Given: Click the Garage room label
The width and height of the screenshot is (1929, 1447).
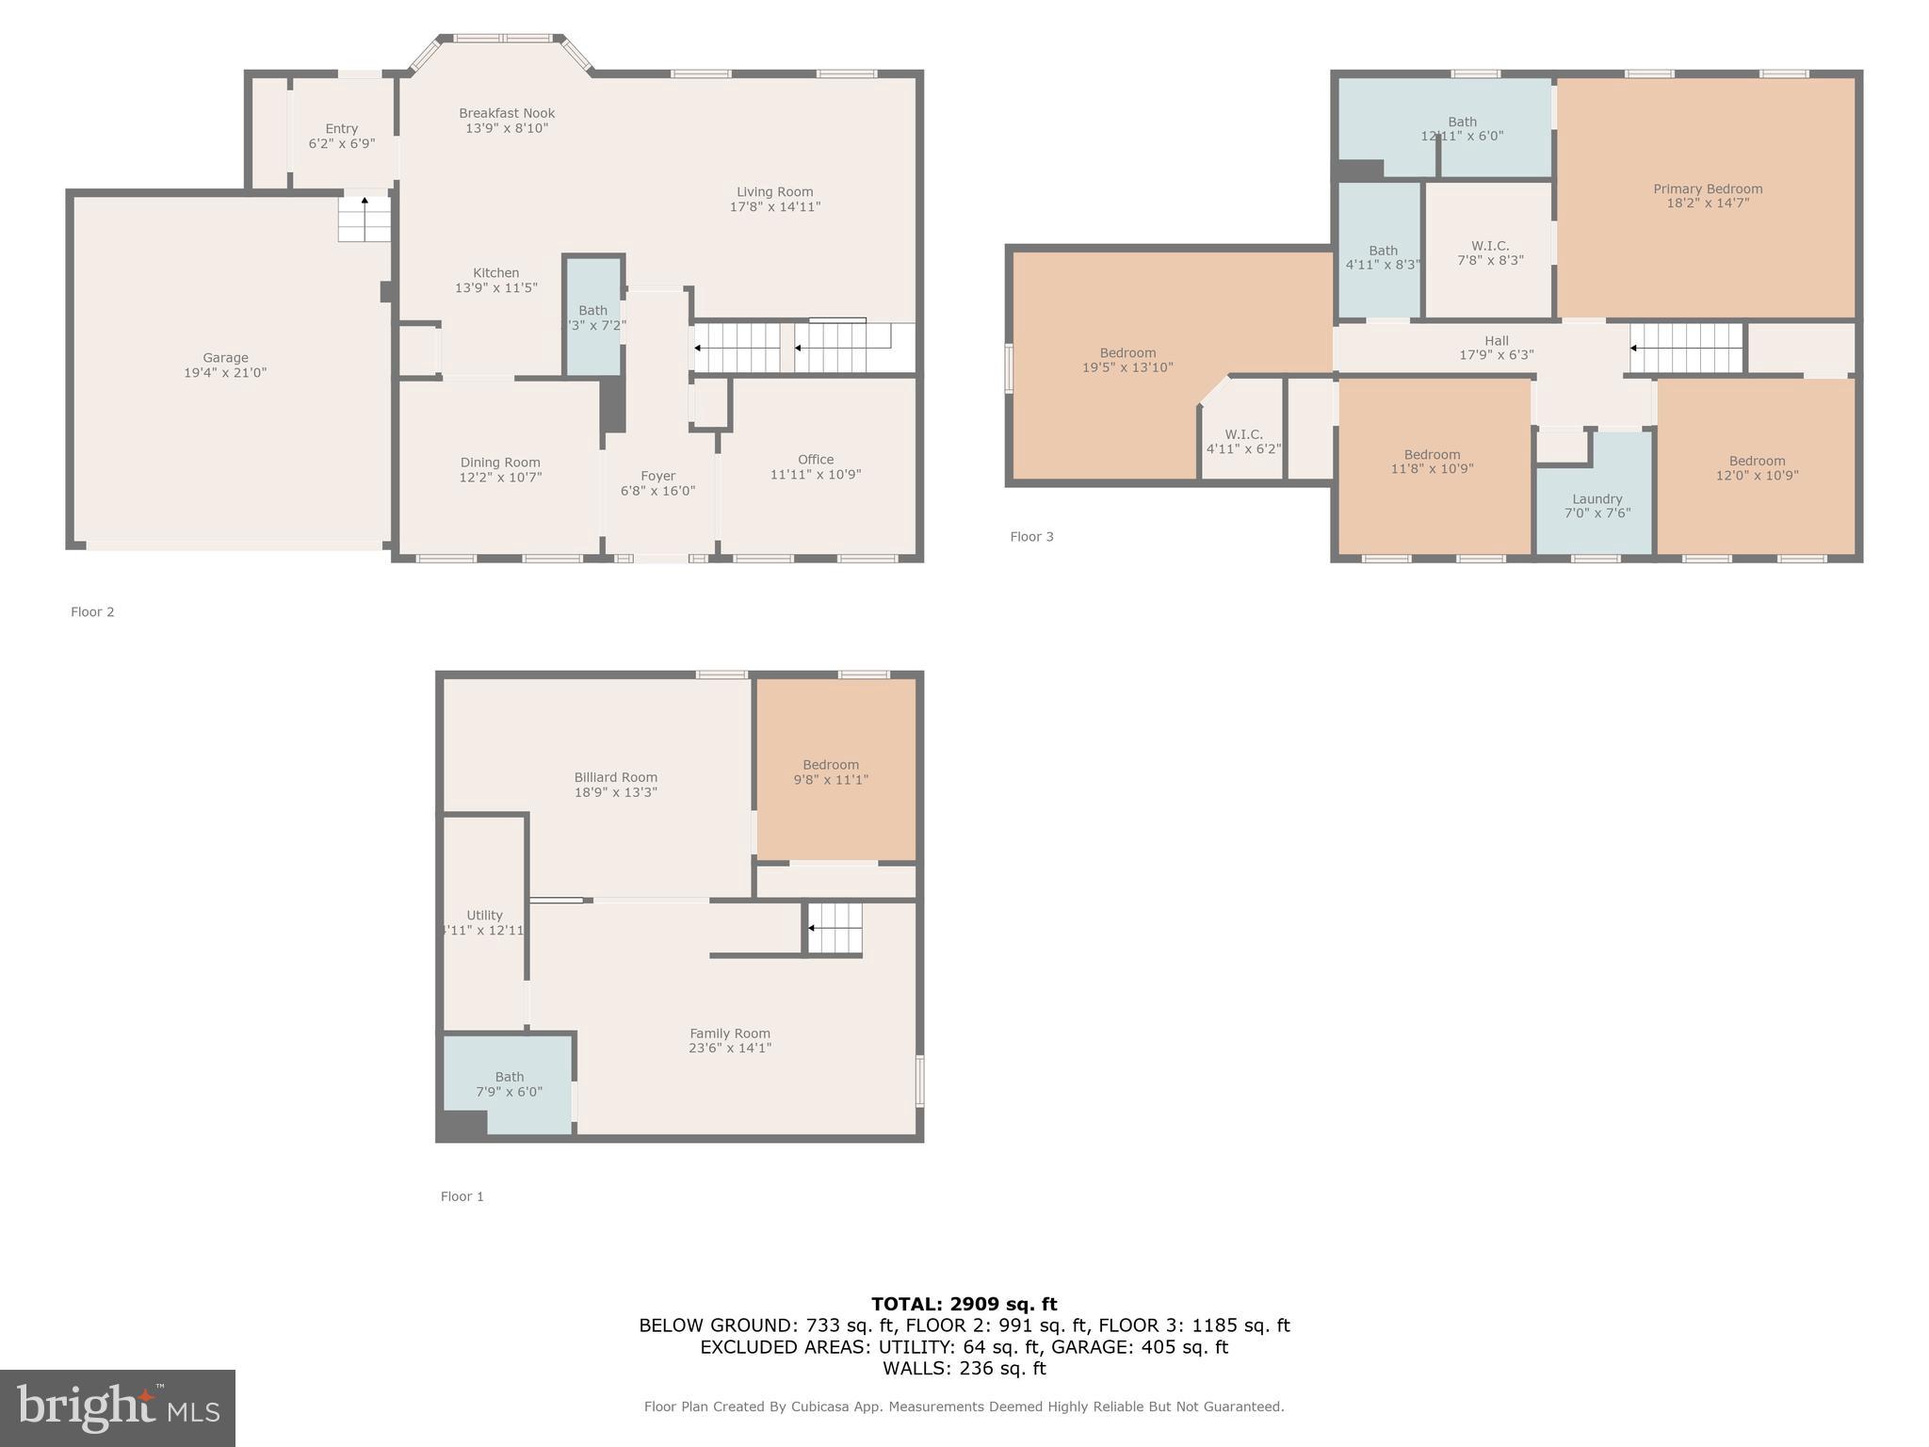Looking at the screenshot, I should [x=225, y=358].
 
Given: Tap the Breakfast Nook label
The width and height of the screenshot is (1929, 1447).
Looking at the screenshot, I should [x=507, y=114].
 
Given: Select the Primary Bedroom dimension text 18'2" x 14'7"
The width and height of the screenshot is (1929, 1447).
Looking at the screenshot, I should [x=1707, y=203].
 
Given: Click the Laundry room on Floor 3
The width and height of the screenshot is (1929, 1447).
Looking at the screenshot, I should [x=1597, y=506].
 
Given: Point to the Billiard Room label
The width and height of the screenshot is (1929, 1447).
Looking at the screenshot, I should [x=615, y=778].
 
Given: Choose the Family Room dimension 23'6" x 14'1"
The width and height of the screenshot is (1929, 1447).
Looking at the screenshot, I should [x=729, y=1049].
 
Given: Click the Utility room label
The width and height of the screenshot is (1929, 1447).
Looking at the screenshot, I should [x=484, y=916].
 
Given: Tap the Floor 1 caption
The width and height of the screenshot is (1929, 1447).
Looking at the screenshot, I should [x=462, y=1196].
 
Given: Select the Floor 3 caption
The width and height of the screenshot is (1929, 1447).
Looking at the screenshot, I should [x=1031, y=537].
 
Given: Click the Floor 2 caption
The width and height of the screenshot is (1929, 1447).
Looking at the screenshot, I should [x=92, y=612].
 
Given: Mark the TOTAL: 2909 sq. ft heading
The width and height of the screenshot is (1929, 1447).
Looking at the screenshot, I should [x=964, y=1305].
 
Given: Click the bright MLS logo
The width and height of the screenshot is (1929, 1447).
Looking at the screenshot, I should [x=118, y=1407].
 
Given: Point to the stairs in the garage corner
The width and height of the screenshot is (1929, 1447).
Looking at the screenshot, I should [x=365, y=219].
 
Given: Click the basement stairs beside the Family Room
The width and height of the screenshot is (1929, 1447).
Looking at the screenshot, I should [x=835, y=928].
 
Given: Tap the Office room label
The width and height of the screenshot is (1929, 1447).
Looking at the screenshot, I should [x=816, y=460].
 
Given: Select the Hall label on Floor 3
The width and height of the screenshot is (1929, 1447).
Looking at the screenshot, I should [x=1496, y=341].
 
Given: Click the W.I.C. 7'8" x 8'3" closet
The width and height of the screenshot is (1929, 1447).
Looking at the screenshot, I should [x=1489, y=252].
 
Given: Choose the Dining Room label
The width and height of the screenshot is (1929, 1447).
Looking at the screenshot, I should [x=500, y=463].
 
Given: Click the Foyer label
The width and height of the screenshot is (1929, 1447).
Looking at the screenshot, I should [x=657, y=477].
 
